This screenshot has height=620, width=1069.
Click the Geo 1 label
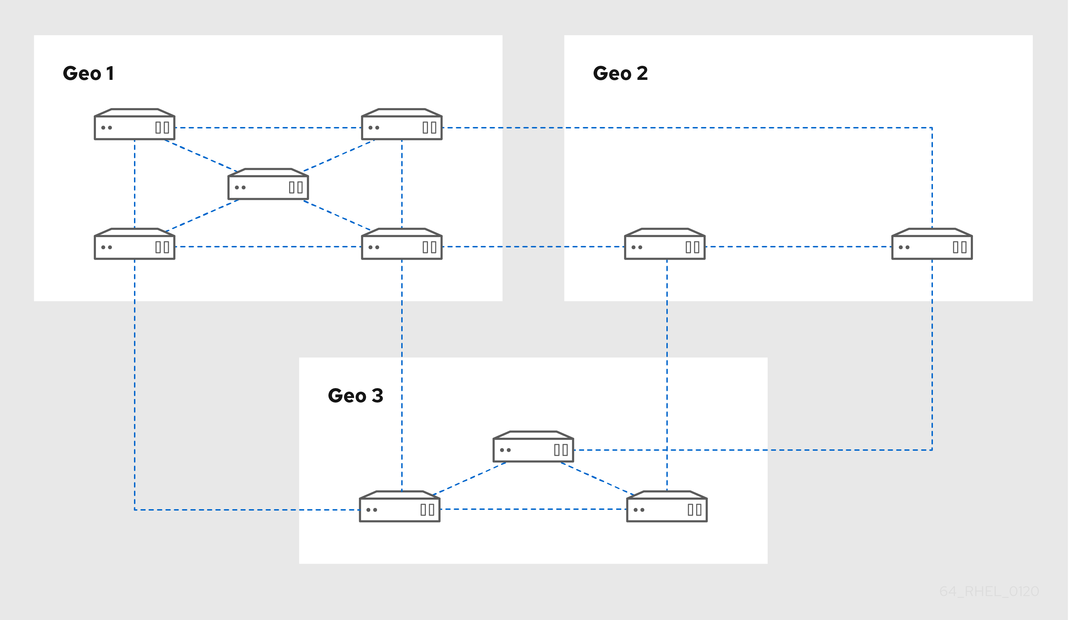pos(88,74)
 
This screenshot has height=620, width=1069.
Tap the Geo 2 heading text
pos(620,74)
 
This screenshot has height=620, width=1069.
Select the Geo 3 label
pos(356,396)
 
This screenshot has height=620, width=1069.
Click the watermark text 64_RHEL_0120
pos(989,591)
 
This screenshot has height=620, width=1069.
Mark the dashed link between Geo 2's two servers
pos(798,247)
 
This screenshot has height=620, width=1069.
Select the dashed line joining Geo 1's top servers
pos(268,127)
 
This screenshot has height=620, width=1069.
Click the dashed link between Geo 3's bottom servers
pos(533,509)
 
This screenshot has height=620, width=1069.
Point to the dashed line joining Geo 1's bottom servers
pos(268,247)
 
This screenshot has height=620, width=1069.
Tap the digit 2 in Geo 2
pos(642,74)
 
